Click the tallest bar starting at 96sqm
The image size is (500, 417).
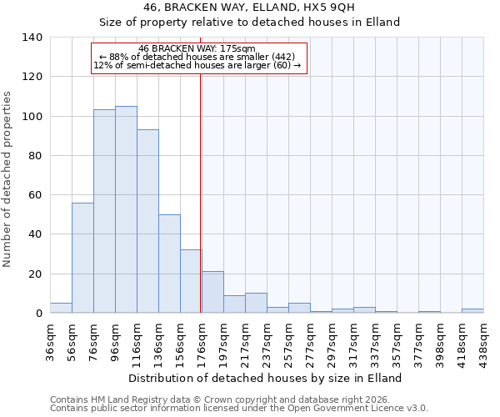[x=126, y=209]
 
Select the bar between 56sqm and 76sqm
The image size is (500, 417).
[x=82, y=258]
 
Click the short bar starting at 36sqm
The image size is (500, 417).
[x=61, y=308]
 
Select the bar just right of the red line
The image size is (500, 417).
[x=212, y=292]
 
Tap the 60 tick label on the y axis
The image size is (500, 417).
[x=36, y=195]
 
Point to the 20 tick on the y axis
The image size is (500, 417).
[x=36, y=274]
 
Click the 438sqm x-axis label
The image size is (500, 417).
[x=483, y=340]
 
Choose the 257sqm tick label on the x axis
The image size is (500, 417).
[x=288, y=340]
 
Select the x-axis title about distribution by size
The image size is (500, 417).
[x=266, y=378]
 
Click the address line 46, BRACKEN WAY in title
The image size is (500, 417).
[x=249, y=8]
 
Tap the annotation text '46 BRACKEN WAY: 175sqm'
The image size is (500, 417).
[x=197, y=48]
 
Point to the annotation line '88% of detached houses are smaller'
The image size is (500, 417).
[x=197, y=57]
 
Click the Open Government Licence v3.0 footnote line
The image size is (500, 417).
[x=239, y=409]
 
